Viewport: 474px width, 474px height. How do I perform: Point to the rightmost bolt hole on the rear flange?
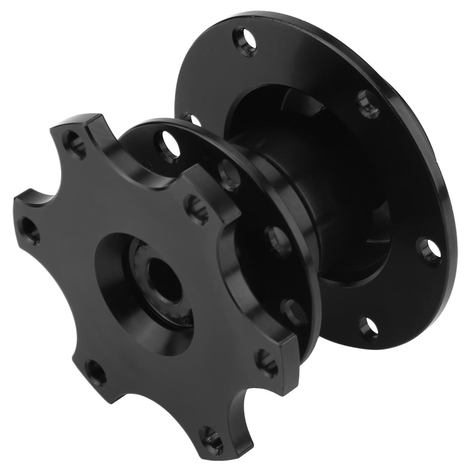(429, 250)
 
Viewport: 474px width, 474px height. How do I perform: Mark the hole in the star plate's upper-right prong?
(197, 209)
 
